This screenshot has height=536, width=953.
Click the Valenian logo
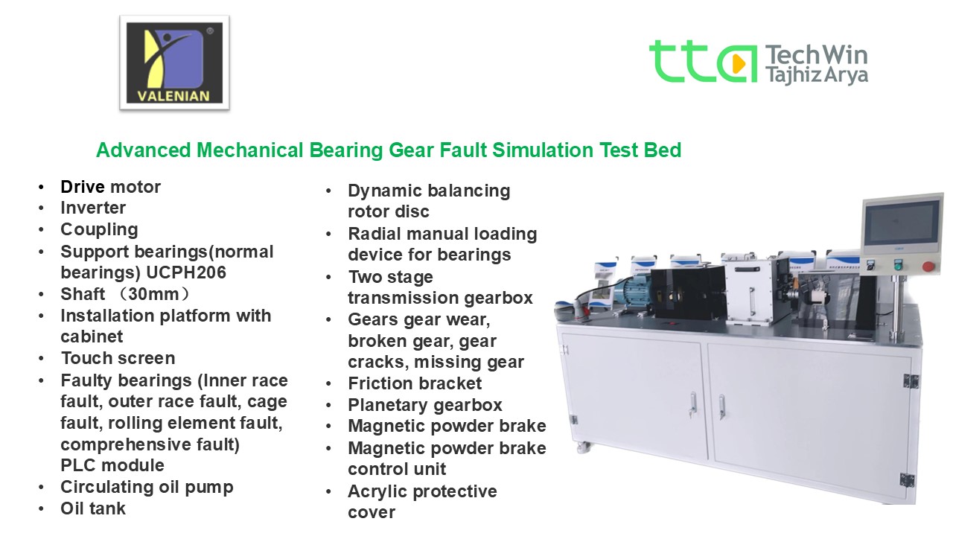(174, 63)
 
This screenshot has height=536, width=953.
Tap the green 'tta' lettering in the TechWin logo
(703, 62)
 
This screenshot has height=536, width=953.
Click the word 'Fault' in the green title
(463, 150)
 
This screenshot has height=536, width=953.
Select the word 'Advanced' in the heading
(144, 150)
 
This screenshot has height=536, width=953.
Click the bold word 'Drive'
(83, 187)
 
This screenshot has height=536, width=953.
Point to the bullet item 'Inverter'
(93, 208)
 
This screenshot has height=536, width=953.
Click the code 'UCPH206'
(186, 272)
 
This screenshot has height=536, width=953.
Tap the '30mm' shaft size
(153, 294)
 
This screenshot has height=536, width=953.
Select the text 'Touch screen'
(118, 358)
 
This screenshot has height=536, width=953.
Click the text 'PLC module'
(112, 465)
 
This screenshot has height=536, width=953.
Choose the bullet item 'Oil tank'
(93, 508)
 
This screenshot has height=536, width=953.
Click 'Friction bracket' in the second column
(415, 383)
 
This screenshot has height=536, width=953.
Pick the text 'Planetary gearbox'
(425, 405)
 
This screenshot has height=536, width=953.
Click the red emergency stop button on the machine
(928, 267)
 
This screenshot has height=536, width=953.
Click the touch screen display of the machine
(902, 224)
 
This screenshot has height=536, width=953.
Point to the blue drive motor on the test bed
(632, 291)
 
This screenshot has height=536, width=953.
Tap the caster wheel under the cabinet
(584, 447)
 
